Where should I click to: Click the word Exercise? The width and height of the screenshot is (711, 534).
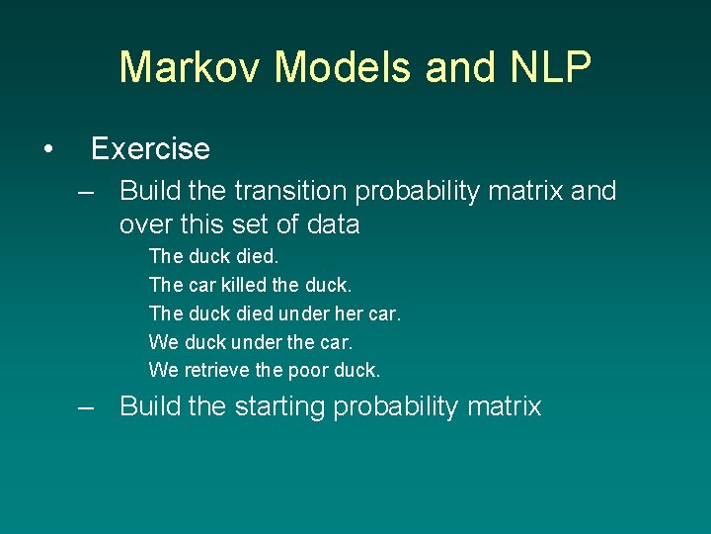click(150, 149)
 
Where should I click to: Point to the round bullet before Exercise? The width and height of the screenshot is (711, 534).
click(47, 149)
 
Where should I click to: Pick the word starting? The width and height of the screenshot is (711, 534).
click(280, 406)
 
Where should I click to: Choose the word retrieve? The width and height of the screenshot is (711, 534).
click(218, 370)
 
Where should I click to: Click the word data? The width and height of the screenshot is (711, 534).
click(333, 224)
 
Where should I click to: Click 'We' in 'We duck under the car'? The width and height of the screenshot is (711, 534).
click(163, 341)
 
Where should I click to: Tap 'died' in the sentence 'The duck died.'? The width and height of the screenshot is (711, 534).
click(257, 256)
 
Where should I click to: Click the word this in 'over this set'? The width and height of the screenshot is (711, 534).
click(202, 224)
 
